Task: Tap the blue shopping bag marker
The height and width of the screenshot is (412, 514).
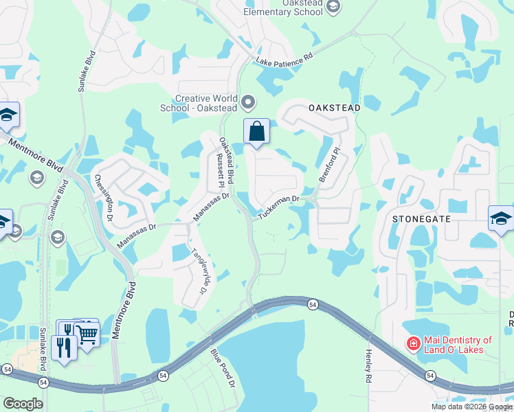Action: (256, 131)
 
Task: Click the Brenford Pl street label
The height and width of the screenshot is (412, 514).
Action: (329, 163)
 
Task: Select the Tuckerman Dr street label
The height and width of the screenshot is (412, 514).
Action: (280, 208)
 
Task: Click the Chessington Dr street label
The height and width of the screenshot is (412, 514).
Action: (104, 197)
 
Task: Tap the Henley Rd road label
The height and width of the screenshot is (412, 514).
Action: (368, 366)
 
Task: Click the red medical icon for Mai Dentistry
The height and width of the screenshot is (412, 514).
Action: (413, 343)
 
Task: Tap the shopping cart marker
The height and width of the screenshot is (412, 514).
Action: (87, 334)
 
